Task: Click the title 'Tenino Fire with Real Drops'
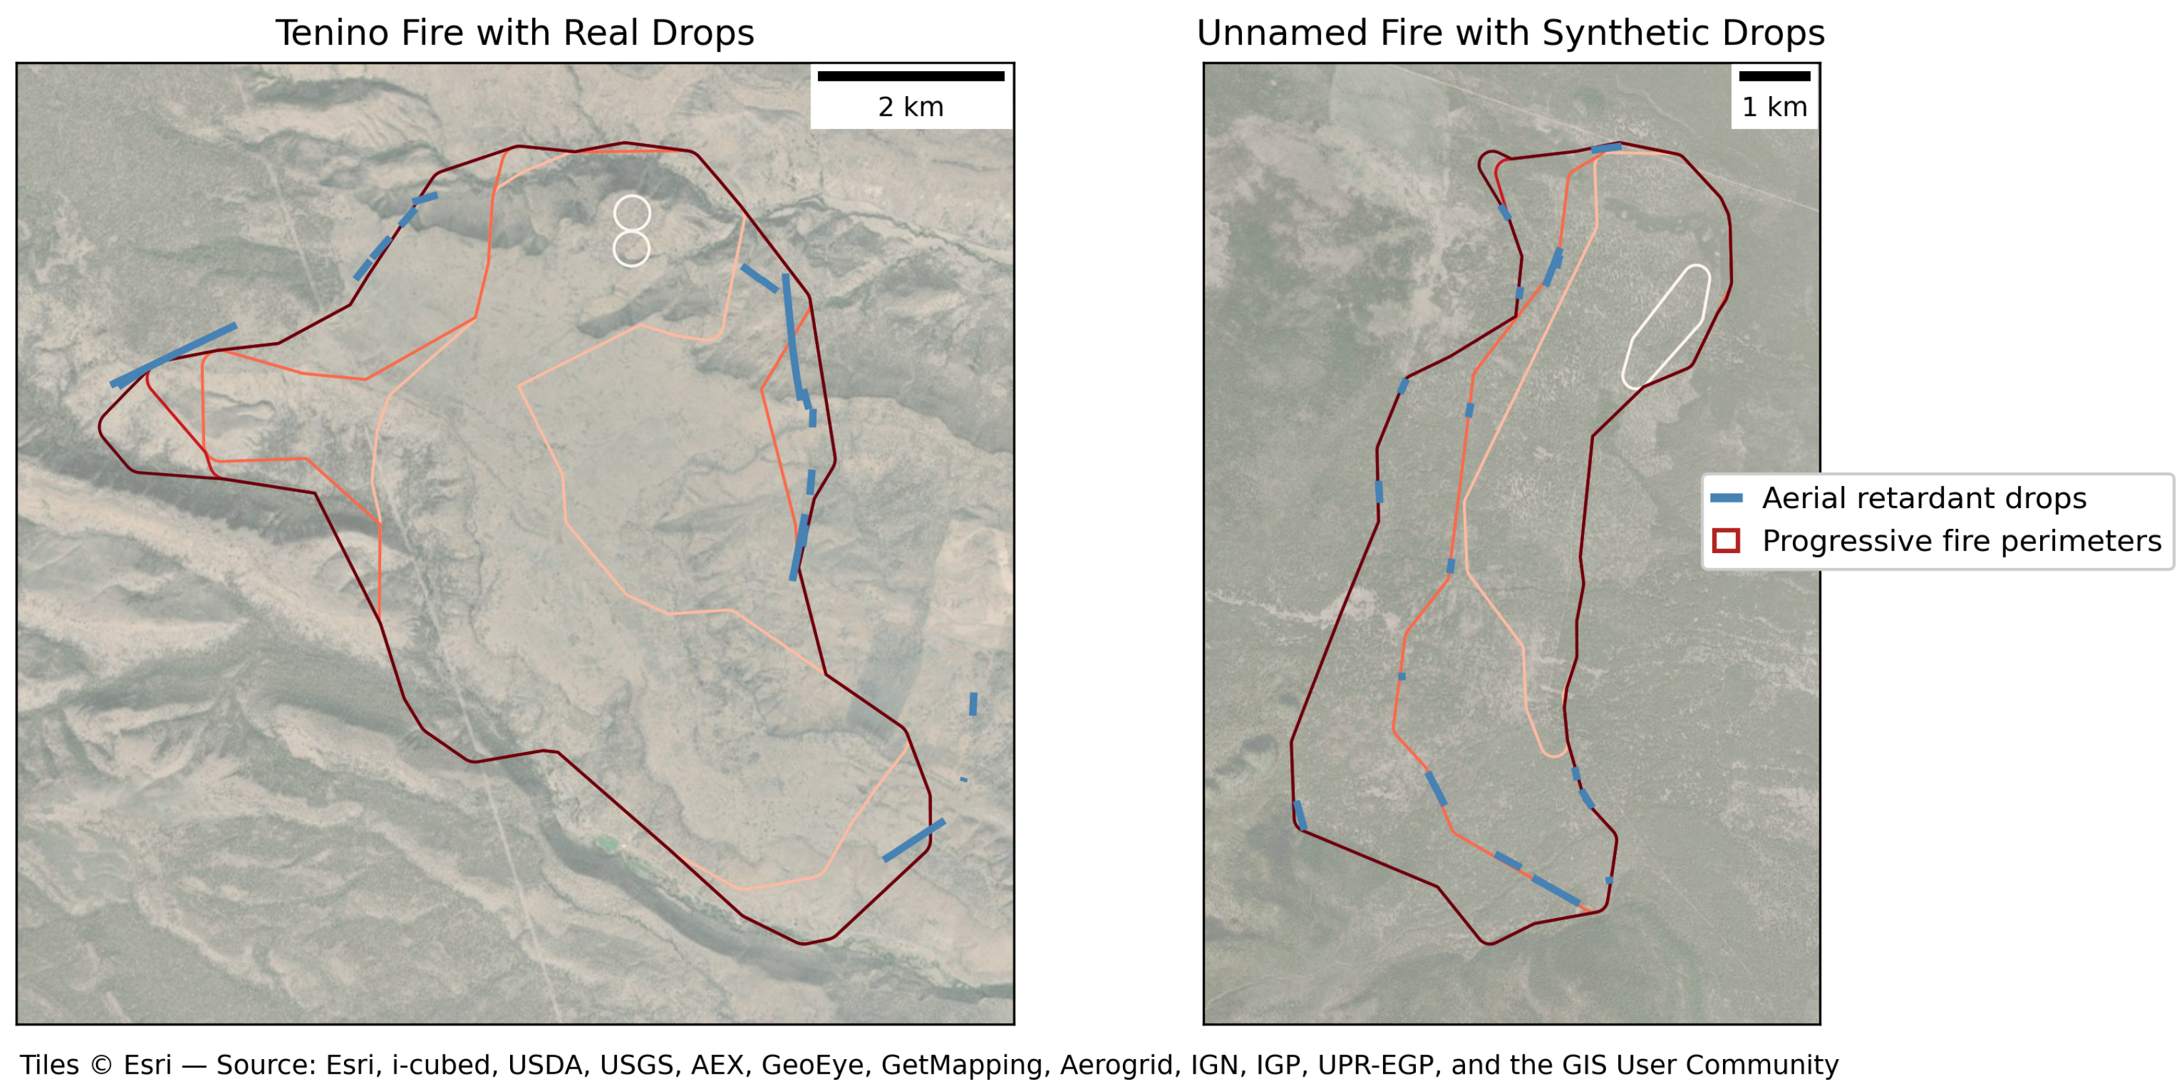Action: (514, 33)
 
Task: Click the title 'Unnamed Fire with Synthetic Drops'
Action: (1510, 33)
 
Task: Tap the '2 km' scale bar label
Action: (911, 107)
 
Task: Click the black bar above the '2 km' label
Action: (911, 77)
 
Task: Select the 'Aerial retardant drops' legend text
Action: (1924, 499)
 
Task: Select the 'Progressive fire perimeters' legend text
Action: (1961, 541)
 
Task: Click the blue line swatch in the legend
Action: (1726, 499)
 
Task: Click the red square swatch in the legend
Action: (1726, 541)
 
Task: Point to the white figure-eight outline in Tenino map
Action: (632, 230)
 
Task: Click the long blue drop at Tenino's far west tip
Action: (174, 356)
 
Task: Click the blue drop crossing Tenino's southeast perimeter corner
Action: (913, 841)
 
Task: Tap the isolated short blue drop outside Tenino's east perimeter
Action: (973, 704)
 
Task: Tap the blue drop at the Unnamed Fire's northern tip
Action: (1606, 149)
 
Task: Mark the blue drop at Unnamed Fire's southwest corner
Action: (1300, 815)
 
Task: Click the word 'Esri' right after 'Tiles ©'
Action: (148, 1065)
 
